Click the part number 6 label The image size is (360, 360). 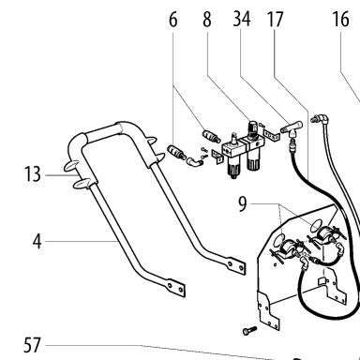pos(173,20)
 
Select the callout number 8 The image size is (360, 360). pos(207,20)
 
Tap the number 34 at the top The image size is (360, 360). pos(242,19)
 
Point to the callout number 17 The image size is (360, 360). pos(275,20)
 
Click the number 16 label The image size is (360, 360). pos(340,20)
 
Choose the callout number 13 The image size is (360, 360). pos(32,174)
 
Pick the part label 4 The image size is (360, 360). pos(37,241)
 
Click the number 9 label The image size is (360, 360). pos(243,203)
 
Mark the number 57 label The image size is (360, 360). pos(32,345)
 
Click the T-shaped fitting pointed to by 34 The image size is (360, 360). pos(292,128)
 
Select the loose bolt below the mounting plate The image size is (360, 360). pos(249,330)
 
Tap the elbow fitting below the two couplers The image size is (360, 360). pos(194,161)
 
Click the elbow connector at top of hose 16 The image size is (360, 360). pos(321,118)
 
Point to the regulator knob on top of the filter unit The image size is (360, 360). pos(252,127)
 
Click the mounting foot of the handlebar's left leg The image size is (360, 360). pos(175,287)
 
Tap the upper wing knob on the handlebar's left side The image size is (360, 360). pos(72,166)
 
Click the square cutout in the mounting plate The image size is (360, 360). pos(322,281)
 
